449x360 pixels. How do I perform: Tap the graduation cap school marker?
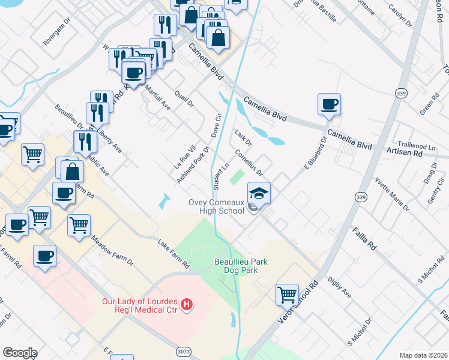pyautogui.click(x=259, y=193)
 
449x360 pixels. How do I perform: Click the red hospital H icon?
pyautogui.click(x=187, y=305)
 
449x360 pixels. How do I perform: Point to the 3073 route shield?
pyautogui.click(x=184, y=350)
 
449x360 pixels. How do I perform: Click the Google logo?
pyautogui.click(x=19, y=353)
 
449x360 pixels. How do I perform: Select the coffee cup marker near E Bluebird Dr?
pyautogui.click(x=329, y=104)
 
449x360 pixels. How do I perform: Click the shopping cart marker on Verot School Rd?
pyautogui.click(x=288, y=295)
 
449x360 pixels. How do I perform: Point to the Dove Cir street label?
pyautogui.click(x=217, y=123)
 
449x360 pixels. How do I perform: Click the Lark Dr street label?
pyautogui.click(x=243, y=137)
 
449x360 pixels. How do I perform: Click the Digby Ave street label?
pyautogui.click(x=339, y=287)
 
